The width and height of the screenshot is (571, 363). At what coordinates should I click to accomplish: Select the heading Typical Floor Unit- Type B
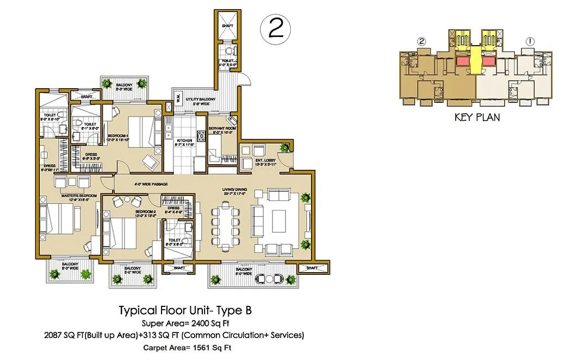coord(185,311)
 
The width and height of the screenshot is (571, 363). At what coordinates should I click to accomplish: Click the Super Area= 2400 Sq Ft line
coord(187,323)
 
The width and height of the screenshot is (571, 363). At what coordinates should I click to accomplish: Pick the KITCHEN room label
coord(184,140)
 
